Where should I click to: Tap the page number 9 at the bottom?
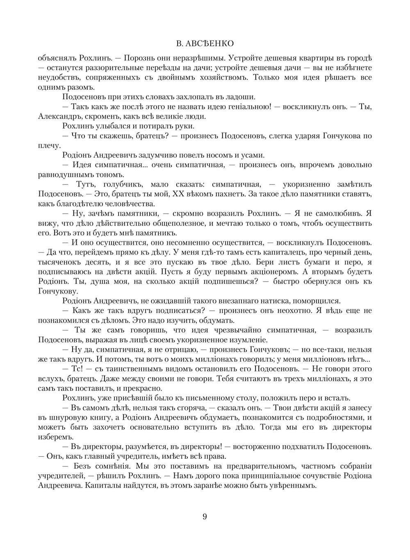[205, 517]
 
